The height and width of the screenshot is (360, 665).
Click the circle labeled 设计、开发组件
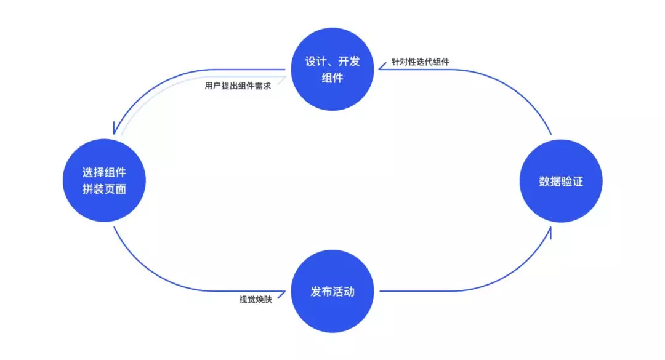(332, 70)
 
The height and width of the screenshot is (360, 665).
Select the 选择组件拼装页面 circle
(104, 180)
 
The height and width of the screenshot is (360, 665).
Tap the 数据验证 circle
(560, 181)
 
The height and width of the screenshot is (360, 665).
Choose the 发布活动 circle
(332, 291)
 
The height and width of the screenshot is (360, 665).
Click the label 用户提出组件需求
(238, 86)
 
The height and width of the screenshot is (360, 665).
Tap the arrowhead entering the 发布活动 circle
(284, 291)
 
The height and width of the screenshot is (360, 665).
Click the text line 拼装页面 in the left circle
(104, 189)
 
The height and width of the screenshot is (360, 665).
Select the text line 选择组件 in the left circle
(104, 172)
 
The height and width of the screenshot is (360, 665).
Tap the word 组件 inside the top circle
(332, 78)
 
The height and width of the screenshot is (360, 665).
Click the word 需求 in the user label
(262, 86)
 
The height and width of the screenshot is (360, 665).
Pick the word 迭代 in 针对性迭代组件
(424, 63)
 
